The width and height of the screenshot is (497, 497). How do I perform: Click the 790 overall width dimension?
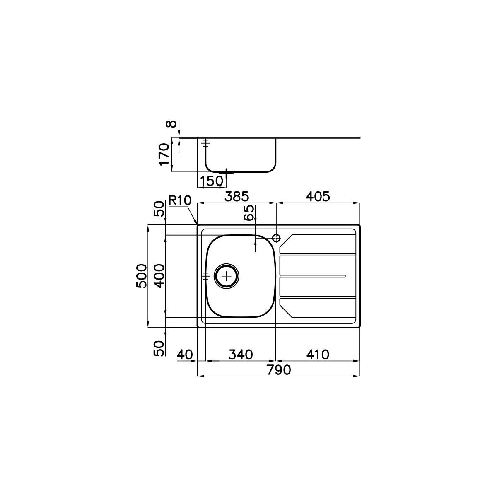coord(279,370)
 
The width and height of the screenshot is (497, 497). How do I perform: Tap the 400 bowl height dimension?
coord(159,276)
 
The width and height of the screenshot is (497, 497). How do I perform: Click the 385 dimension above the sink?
coord(237,197)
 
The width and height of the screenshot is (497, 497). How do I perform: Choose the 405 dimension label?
coord(318,197)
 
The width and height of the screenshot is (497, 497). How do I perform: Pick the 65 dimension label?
coord(248,213)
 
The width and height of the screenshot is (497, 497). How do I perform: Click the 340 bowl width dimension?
coord(241,355)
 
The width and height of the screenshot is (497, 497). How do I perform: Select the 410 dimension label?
coord(318,355)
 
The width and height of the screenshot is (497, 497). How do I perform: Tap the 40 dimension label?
coord(185,355)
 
